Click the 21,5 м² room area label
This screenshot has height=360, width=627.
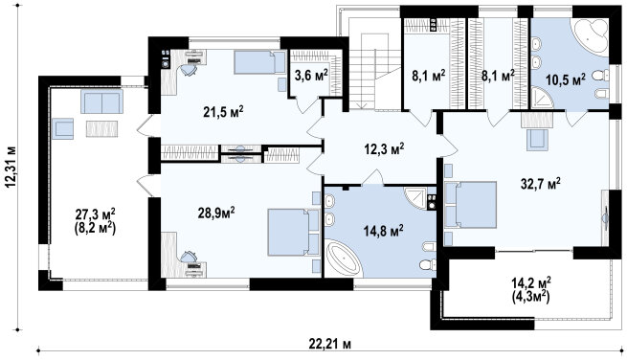[x=223, y=112]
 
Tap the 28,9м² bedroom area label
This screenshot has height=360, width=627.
[x=216, y=213]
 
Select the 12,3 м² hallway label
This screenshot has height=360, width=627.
[x=384, y=148]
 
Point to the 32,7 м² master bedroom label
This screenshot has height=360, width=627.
[x=540, y=184]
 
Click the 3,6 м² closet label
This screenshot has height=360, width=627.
[x=311, y=75]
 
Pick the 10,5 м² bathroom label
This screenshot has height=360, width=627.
[x=566, y=79]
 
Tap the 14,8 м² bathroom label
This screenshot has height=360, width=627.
[x=383, y=231]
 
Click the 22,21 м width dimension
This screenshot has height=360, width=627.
[x=330, y=343]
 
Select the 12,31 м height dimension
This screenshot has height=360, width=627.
[x=11, y=166]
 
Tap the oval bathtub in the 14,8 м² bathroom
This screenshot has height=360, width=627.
[x=344, y=258]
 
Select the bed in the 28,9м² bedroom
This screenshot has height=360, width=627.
[x=293, y=232]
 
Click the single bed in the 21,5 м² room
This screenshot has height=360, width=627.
[x=259, y=62]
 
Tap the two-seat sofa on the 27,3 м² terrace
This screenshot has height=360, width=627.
[x=102, y=101]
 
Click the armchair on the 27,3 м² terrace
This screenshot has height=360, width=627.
[x=62, y=129]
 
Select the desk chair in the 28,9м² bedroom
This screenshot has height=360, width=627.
[x=188, y=256]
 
